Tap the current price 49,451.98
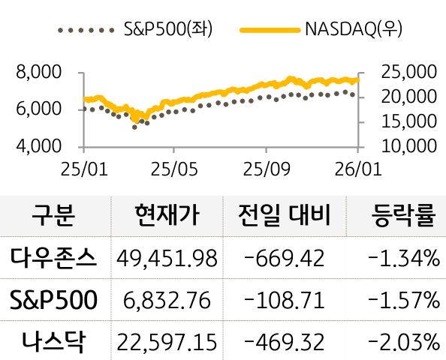(167, 259)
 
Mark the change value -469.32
(285, 343)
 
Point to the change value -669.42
(285, 259)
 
